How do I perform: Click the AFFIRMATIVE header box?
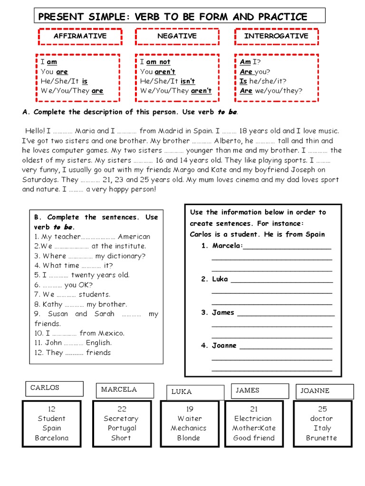coord(80,37)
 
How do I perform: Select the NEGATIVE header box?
coord(177,37)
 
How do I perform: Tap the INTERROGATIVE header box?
coord(276,37)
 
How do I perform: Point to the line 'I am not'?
coord(155,62)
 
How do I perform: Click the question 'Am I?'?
coord(250,62)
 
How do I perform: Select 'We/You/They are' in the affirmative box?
coord(72,91)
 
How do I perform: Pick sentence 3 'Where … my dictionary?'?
coord(90,256)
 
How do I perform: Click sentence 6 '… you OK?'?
coord(63,285)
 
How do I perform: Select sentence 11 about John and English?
coord(73,343)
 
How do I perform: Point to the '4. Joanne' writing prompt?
coord(219,346)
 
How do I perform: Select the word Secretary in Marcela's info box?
coord(121,419)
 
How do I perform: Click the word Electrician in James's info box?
coord(253,419)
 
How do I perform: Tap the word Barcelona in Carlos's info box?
coord(51,438)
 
